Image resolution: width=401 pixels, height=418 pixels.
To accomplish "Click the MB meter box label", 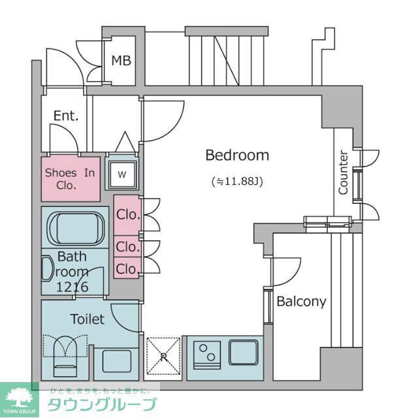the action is (x=121, y=61).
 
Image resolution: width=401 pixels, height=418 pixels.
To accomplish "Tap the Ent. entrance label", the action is (x=66, y=116).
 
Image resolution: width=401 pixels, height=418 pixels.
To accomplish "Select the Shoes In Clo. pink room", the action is (x=71, y=179).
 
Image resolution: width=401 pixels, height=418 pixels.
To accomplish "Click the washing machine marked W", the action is (x=122, y=174).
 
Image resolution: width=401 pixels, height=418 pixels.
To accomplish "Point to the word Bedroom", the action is (x=237, y=155).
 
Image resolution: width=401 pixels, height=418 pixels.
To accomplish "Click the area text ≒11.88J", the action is (x=237, y=182).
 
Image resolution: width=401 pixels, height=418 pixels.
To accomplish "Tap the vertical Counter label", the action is (x=343, y=172).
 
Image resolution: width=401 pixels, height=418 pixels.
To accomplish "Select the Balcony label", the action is (x=301, y=302).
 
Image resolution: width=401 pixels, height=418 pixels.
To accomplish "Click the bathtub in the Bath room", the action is (x=76, y=228).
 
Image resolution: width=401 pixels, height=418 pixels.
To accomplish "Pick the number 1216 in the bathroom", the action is (x=72, y=287).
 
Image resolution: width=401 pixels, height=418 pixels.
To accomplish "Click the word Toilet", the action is (x=87, y=319).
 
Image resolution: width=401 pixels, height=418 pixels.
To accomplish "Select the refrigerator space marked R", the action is (x=163, y=356).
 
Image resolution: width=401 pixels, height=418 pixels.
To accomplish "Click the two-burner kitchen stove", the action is (x=207, y=355).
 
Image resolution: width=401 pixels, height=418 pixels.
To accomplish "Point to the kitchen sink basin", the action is (x=243, y=352).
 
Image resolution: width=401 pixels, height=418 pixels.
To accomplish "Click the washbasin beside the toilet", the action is (x=116, y=361).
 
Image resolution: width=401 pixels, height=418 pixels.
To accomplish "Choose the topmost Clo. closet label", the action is (x=128, y=215).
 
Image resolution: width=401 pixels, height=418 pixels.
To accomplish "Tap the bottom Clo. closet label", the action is (x=128, y=268).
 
